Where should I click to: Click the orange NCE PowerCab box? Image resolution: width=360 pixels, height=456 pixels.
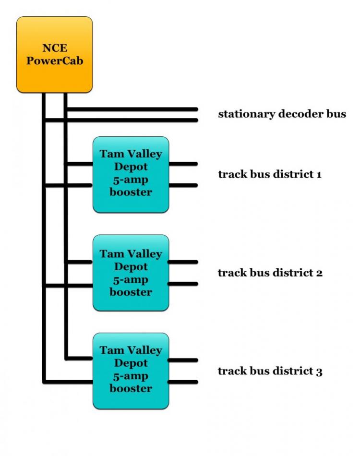point(54,54)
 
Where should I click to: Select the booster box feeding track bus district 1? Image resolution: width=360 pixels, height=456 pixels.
point(131,174)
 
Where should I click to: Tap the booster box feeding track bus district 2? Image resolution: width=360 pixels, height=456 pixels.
point(131,273)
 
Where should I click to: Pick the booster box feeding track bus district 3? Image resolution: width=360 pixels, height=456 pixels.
point(131,371)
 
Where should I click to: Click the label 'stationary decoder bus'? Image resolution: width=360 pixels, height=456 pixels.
point(282,114)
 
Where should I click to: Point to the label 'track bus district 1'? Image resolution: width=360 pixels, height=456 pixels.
point(269,174)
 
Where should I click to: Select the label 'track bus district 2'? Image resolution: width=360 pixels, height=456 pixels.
point(270,273)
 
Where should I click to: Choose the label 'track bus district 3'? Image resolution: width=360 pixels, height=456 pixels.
point(270,371)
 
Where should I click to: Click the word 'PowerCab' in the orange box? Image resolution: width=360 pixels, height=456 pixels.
point(54,61)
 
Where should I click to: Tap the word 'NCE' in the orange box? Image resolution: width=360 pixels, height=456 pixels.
point(54,48)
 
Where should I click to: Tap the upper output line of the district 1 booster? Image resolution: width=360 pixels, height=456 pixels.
point(183,164)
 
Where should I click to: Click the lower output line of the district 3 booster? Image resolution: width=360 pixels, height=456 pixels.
point(183,382)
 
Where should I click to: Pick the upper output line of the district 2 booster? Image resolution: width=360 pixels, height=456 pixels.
point(183,262)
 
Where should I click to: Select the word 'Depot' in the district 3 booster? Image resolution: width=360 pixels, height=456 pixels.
point(131,363)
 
